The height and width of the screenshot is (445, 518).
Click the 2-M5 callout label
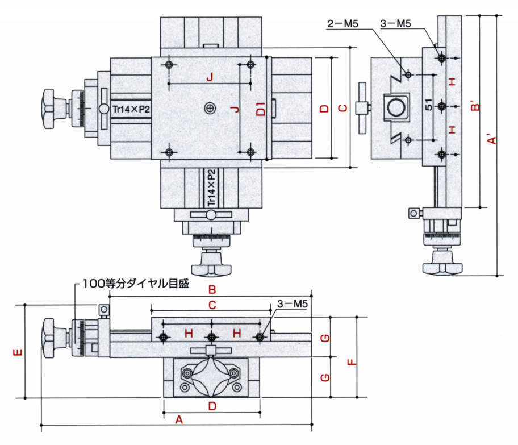click(343, 24)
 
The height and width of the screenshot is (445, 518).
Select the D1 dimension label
click(260, 109)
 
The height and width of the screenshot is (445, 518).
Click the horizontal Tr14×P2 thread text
click(131, 109)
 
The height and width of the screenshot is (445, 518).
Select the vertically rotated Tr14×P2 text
click(211, 188)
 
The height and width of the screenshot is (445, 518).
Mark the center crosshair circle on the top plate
click(211, 108)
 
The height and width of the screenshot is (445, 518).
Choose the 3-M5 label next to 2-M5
click(395, 24)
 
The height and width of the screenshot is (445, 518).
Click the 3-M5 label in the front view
click(293, 305)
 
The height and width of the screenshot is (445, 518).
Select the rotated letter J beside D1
click(237, 108)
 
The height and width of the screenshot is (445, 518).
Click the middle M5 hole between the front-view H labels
click(211, 338)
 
